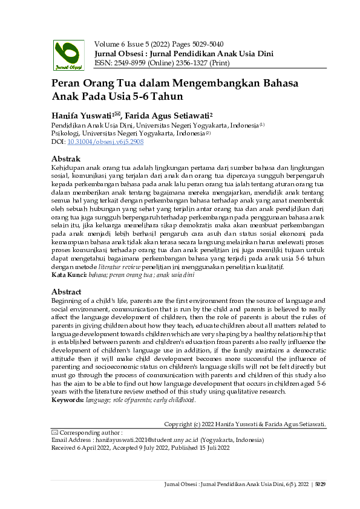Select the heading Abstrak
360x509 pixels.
coord(67,159)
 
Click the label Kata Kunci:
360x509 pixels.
coord(67,274)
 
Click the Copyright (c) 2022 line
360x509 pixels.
coord(245,425)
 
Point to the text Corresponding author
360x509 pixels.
coord(91,433)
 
